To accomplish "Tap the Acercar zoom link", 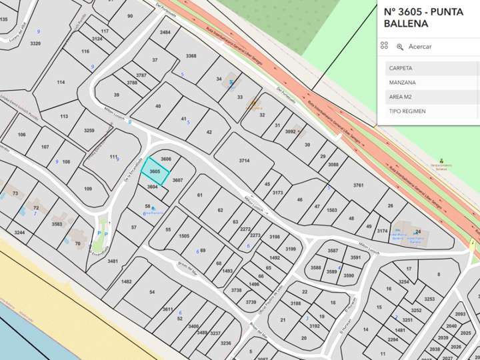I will (419, 47).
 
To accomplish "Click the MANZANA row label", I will (402, 83).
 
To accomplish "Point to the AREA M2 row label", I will (401, 97).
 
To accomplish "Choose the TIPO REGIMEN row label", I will (407, 111).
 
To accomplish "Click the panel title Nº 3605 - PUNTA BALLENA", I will (423, 17).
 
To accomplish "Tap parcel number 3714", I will (244, 161).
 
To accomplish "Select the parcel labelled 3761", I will (358, 185).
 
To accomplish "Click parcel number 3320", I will (35, 43).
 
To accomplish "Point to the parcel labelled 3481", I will (112, 261).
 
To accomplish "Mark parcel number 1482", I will (126, 281).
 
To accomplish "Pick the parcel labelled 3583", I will (57, 224).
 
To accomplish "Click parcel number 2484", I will (165, 32).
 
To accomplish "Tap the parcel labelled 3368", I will (191, 56).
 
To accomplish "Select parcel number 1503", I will (331, 210).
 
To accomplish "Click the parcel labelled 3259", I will (89, 131).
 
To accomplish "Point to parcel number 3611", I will (167, 309).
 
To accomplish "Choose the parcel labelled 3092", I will (290, 131).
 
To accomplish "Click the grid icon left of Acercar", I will (384, 46).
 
